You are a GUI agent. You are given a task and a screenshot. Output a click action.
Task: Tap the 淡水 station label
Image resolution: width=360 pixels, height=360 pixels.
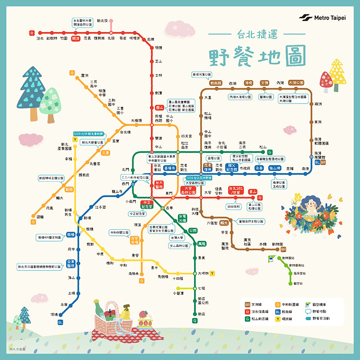click(x=40, y=39)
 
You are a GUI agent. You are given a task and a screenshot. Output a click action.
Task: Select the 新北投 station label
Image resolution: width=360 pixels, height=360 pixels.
click(x=102, y=21)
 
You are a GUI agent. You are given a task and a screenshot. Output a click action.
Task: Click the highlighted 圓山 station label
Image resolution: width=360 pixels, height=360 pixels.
click(x=159, y=108)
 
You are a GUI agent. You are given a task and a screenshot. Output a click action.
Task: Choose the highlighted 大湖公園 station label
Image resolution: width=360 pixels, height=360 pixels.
click(x=297, y=83)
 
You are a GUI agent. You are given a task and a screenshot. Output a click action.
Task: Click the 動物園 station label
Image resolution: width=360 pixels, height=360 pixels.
click(x=269, y=244)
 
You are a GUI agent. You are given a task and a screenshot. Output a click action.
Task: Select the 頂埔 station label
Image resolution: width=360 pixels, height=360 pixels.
click(x=54, y=315)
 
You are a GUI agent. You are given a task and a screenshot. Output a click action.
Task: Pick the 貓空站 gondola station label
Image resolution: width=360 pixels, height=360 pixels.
click(x=298, y=283)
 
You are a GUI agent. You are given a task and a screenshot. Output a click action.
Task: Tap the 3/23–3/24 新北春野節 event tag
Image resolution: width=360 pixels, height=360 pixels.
click(x=89, y=134)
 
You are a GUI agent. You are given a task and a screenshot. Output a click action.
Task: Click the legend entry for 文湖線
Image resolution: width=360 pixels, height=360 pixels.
click(x=260, y=305)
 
